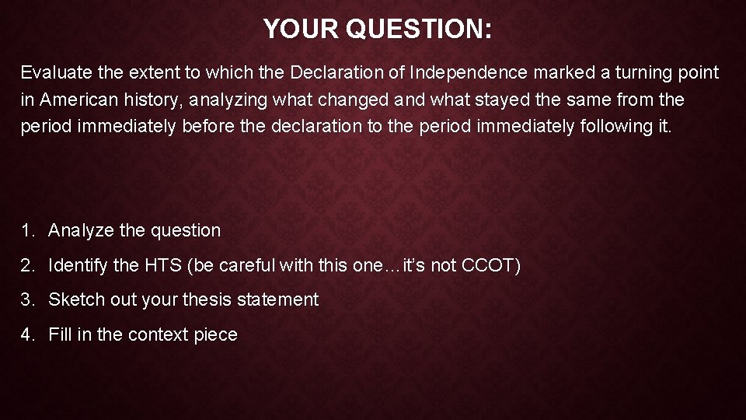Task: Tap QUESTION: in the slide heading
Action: tap(419, 30)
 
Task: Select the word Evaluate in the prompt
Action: tap(53, 73)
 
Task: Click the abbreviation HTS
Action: tap(162, 266)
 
